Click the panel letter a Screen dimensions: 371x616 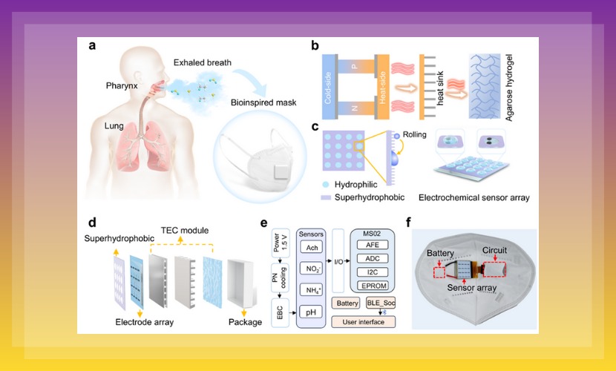92,46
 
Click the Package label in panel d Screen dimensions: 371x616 244,322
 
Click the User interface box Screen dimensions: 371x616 363,321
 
